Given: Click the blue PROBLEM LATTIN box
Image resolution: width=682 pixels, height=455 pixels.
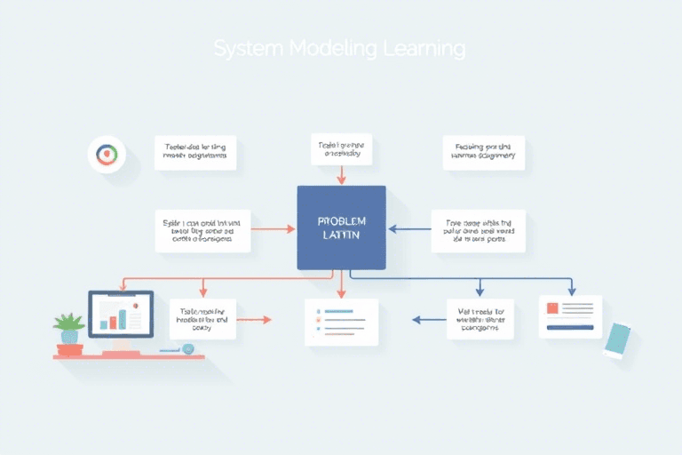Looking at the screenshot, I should click(x=341, y=227).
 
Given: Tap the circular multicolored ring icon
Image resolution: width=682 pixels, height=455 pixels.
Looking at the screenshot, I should click(x=107, y=155).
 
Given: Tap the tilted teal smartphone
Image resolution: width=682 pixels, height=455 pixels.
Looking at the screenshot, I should click(x=617, y=339).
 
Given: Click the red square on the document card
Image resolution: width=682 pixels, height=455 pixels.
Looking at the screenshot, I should click(x=552, y=308).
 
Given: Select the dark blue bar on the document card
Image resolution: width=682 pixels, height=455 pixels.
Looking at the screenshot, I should click(x=569, y=327).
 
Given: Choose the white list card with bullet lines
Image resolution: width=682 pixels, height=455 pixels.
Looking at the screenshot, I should click(x=341, y=322).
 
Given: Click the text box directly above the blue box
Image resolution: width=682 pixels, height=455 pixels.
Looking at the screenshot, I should click(x=341, y=148).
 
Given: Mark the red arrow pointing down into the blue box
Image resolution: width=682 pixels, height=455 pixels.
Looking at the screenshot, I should click(x=341, y=175).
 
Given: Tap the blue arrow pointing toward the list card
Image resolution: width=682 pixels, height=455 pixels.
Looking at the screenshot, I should click(x=428, y=318).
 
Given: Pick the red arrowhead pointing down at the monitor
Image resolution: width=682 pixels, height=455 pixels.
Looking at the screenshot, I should click(x=123, y=286).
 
